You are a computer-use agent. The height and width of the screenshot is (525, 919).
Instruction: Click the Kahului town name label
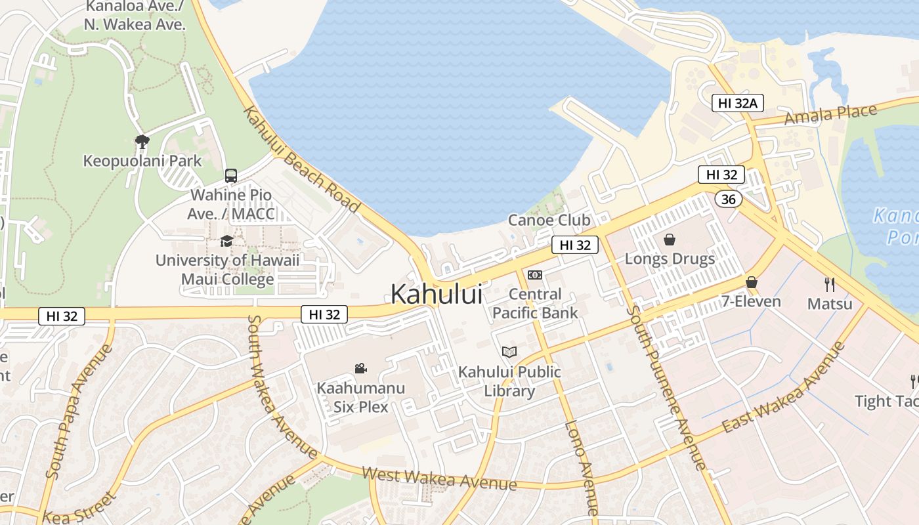click(x=437, y=294)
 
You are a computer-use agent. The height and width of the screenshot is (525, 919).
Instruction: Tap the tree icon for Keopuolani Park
click(x=142, y=141)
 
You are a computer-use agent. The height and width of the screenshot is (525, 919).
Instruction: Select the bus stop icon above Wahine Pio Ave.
click(x=231, y=176)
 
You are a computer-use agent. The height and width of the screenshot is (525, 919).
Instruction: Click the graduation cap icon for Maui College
click(x=226, y=241)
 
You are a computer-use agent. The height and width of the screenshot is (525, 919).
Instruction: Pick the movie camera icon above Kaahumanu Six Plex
click(x=360, y=368)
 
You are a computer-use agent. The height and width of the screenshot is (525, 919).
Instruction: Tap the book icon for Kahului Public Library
click(x=509, y=352)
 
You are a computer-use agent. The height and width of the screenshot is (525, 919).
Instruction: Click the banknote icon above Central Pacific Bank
click(x=535, y=275)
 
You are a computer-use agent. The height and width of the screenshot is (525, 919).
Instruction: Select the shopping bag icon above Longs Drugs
click(x=670, y=239)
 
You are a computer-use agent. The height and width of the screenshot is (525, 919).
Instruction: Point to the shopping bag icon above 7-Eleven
click(x=752, y=282)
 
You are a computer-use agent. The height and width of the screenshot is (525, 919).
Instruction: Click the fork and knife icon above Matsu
click(x=830, y=284)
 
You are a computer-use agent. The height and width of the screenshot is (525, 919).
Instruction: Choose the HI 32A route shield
click(x=738, y=103)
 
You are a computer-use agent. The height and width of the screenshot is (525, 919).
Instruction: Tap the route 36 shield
click(x=728, y=199)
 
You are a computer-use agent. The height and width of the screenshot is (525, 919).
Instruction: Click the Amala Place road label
click(x=830, y=115)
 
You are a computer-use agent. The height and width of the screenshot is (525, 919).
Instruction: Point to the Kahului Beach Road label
click(x=302, y=159)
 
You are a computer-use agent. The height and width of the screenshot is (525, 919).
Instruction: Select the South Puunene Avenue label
click(x=666, y=388)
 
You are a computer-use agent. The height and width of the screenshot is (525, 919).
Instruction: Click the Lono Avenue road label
click(x=582, y=467)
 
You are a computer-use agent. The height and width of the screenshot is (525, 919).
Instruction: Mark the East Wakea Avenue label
click(x=782, y=388)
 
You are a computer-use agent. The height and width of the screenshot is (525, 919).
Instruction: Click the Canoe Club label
click(x=549, y=220)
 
